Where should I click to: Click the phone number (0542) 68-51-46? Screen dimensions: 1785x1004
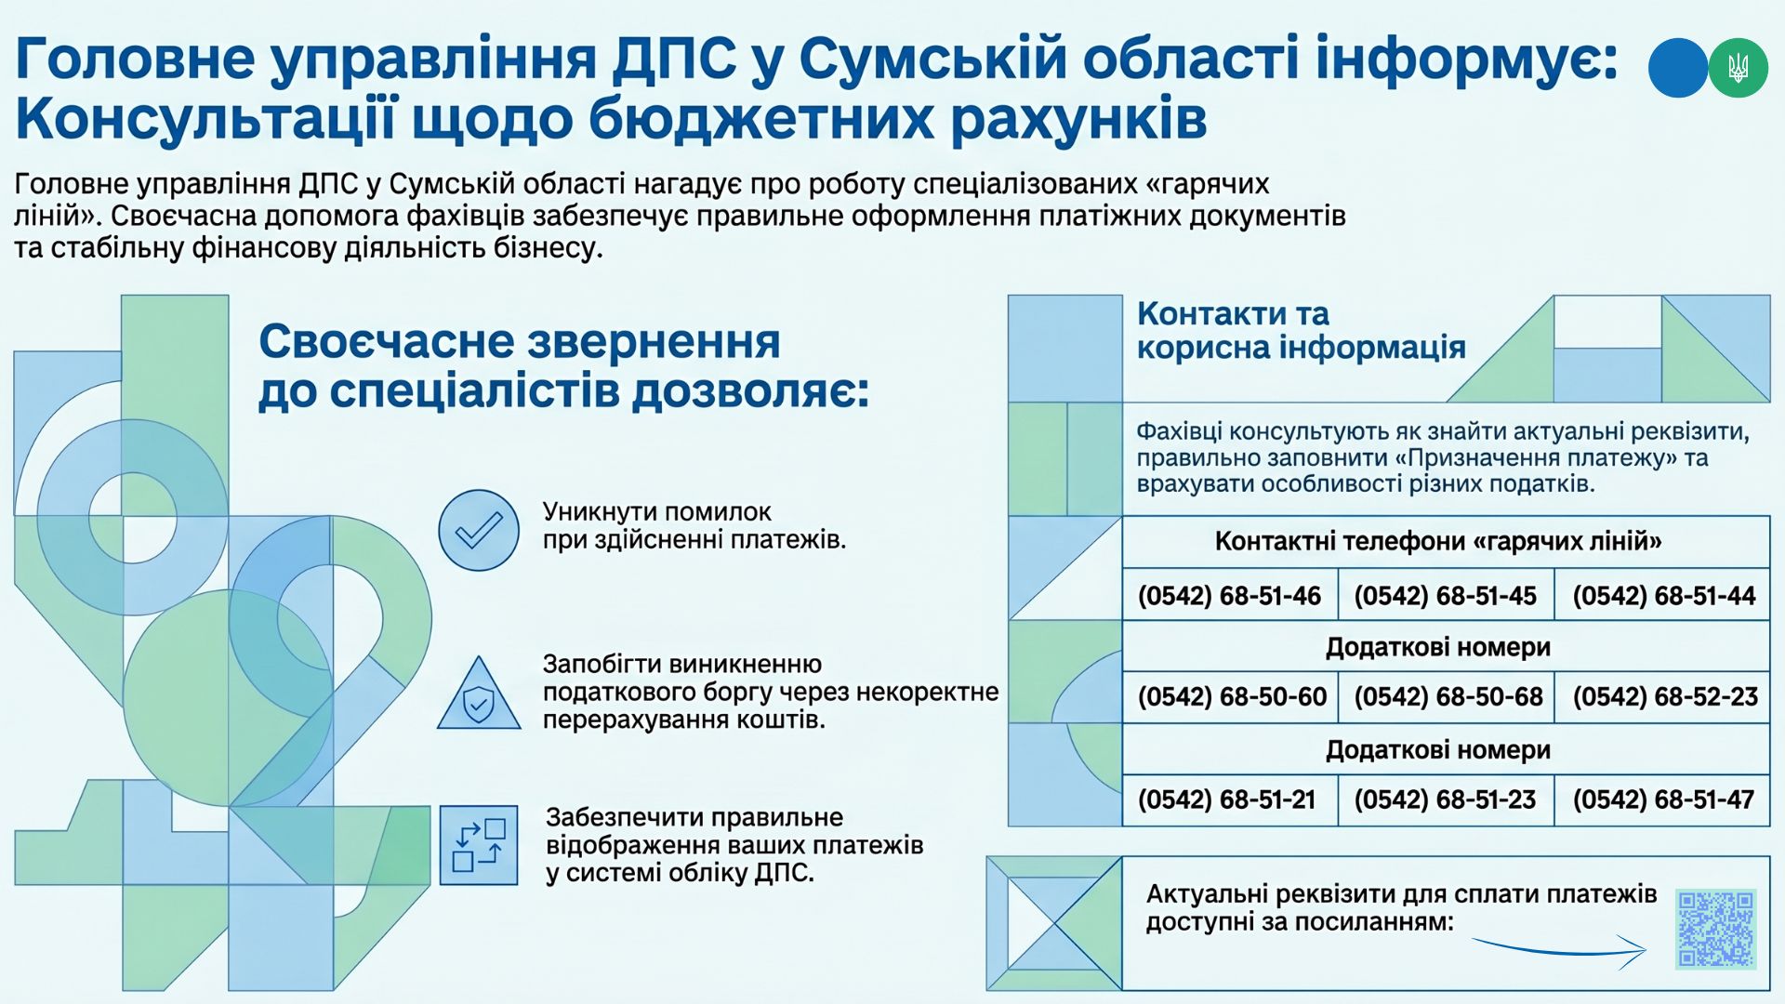click(x=1229, y=596)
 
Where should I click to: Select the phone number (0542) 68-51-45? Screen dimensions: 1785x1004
click(x=1445, y=596)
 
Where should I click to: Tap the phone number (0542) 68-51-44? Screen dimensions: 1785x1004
click(x=1664, y=596)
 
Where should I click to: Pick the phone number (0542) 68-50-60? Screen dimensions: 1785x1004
click(x=1232, y=697)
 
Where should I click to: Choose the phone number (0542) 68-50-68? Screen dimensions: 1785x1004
click(x=1448, y=697)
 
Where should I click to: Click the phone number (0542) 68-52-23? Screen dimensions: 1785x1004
click(x=1665, y=697)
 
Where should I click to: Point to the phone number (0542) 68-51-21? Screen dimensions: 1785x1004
click(x=1227, y=799)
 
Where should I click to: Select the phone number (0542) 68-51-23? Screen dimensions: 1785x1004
click(x=1445, y=799)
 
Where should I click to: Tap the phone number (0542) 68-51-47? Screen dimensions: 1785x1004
click(x=1663, y=799)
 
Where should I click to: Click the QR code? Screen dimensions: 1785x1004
click(x=1715, y=929)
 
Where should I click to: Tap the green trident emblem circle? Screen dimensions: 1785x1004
click(x=1738, y=68)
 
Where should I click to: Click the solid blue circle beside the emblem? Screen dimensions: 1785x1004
click(x=1678, y=68)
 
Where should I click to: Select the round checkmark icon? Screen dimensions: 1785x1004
click(x=479, y=530)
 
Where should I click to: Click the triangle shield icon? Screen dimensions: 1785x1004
click(x=479, y=694)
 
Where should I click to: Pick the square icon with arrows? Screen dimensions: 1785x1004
click(x=479, y=845)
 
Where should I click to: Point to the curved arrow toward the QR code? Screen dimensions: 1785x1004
click(x=1562, y=951)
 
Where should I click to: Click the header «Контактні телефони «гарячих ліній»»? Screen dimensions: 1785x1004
click(x=1437, y=541)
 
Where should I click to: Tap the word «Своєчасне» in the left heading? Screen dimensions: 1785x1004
click(x=379, y=341)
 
